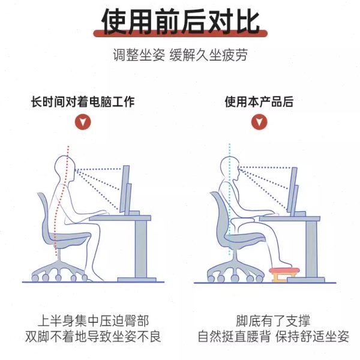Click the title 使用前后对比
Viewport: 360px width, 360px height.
[180, 22]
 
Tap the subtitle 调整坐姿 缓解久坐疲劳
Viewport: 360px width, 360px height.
[180, 56]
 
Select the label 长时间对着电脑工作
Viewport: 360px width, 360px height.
[83, 101]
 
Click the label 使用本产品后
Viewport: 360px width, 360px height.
[259, 101]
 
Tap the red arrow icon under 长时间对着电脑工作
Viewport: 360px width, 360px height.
[83, 122]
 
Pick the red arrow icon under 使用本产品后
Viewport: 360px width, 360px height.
[259, 122]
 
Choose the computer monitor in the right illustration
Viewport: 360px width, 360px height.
[293, 189]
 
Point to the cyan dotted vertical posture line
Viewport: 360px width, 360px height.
[229, 204]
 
